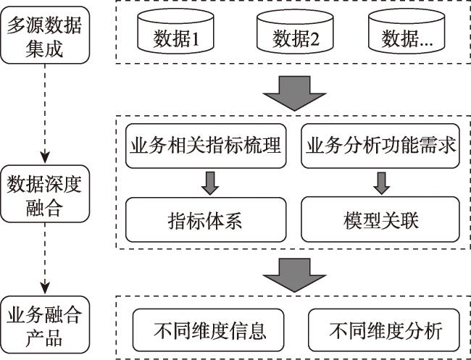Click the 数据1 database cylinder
coord(176,31)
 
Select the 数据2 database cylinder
coord(295,31)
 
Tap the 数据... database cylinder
coord(407,31)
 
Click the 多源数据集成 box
coord(45,35)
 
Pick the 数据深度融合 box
coord(45,193)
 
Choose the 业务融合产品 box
coord(45,325)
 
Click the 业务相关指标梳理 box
coord(206,146)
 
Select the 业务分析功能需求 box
coord(380,146)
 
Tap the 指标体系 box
coord(206,219)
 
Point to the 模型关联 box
coord(380,219)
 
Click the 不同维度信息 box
coord(209,330)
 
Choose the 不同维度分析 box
coord(384,330)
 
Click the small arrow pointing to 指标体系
coord(210,183)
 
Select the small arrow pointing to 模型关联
coord(381,183)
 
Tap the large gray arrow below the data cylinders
coord(294,93)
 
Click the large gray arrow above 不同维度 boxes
coord(294,275)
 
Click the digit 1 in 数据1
coord(195,39)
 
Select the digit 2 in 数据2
coord(314,39)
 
